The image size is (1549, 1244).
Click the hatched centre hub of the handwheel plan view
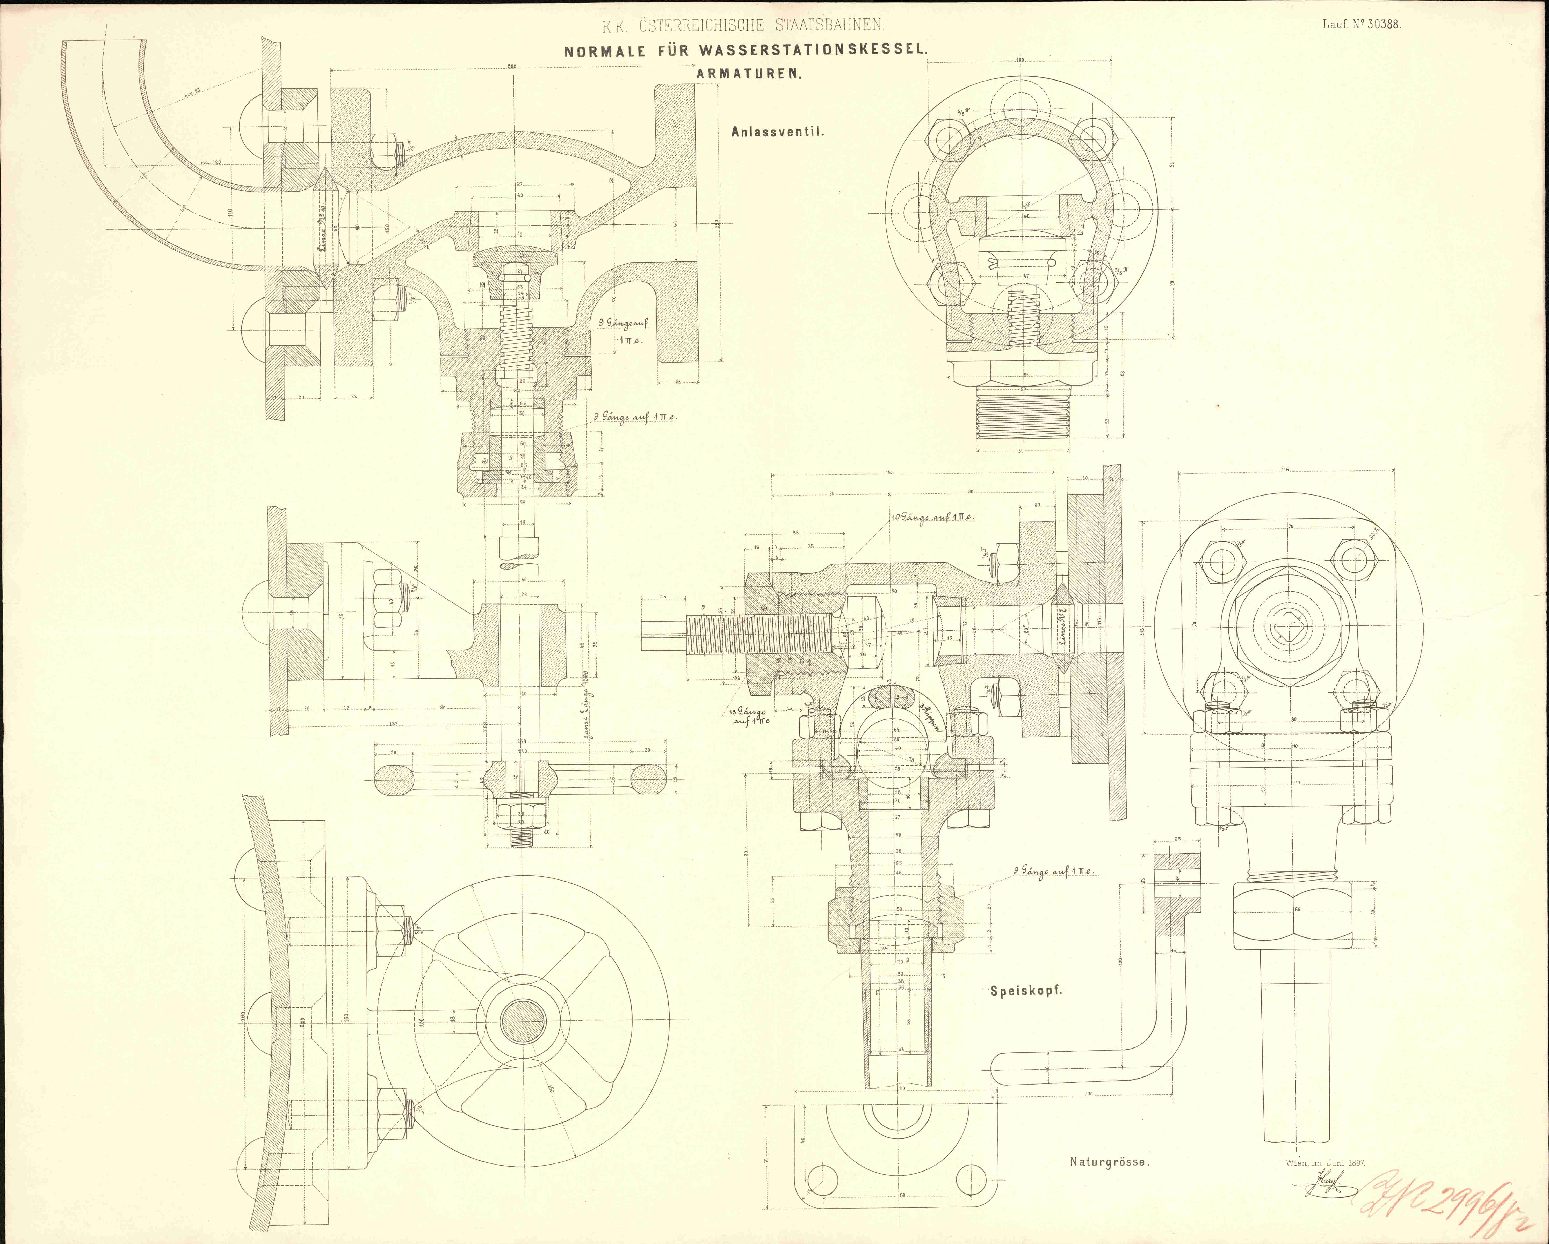coord(522,1021)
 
